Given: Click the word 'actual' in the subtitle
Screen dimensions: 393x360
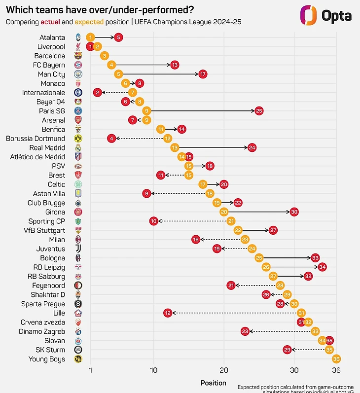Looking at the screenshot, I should tap(50, 22).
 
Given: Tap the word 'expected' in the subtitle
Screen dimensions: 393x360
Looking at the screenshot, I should tap(88, 22).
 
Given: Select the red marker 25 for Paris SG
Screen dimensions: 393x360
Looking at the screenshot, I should tap(259, 111).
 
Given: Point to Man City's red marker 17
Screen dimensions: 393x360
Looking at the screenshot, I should tap(203, 74).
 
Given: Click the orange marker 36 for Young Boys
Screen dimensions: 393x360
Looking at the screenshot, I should tap(336, 359).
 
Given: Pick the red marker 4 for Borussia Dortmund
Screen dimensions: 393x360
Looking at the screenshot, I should tap(111, 139).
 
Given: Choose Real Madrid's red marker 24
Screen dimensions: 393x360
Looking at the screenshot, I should tap(252, 147).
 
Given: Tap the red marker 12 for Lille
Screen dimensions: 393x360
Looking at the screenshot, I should tap(168, 313).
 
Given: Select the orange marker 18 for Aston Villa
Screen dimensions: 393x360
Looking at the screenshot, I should tap(210, 194).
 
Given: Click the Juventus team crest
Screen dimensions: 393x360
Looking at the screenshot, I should tap(78, 249).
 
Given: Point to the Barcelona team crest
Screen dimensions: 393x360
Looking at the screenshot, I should tap(78, 56).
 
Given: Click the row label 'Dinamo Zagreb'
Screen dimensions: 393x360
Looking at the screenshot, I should tap(42, 331).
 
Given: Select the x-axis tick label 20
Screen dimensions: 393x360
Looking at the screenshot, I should tap(224, 370).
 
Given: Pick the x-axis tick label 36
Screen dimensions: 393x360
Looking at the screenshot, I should tap(336, 370).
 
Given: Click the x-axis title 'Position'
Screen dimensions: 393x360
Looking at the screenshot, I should tap(214, 383).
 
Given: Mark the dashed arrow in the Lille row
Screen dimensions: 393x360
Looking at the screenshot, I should tap(234, 313).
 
